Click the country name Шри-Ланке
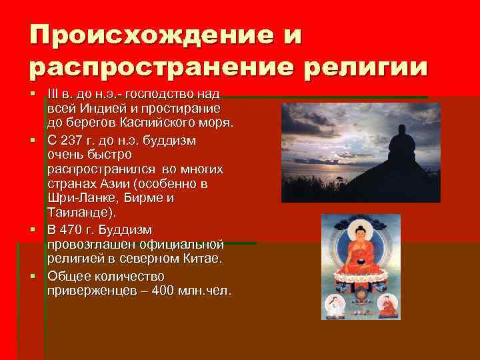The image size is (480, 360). click(x=80, y=198)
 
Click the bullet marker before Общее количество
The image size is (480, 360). click(x=31, y=276)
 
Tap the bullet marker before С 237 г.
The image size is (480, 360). click(x=31, y=141)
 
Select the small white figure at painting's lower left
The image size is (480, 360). click(x=332, y=305)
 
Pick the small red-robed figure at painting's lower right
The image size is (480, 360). click(x=388, y=305)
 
